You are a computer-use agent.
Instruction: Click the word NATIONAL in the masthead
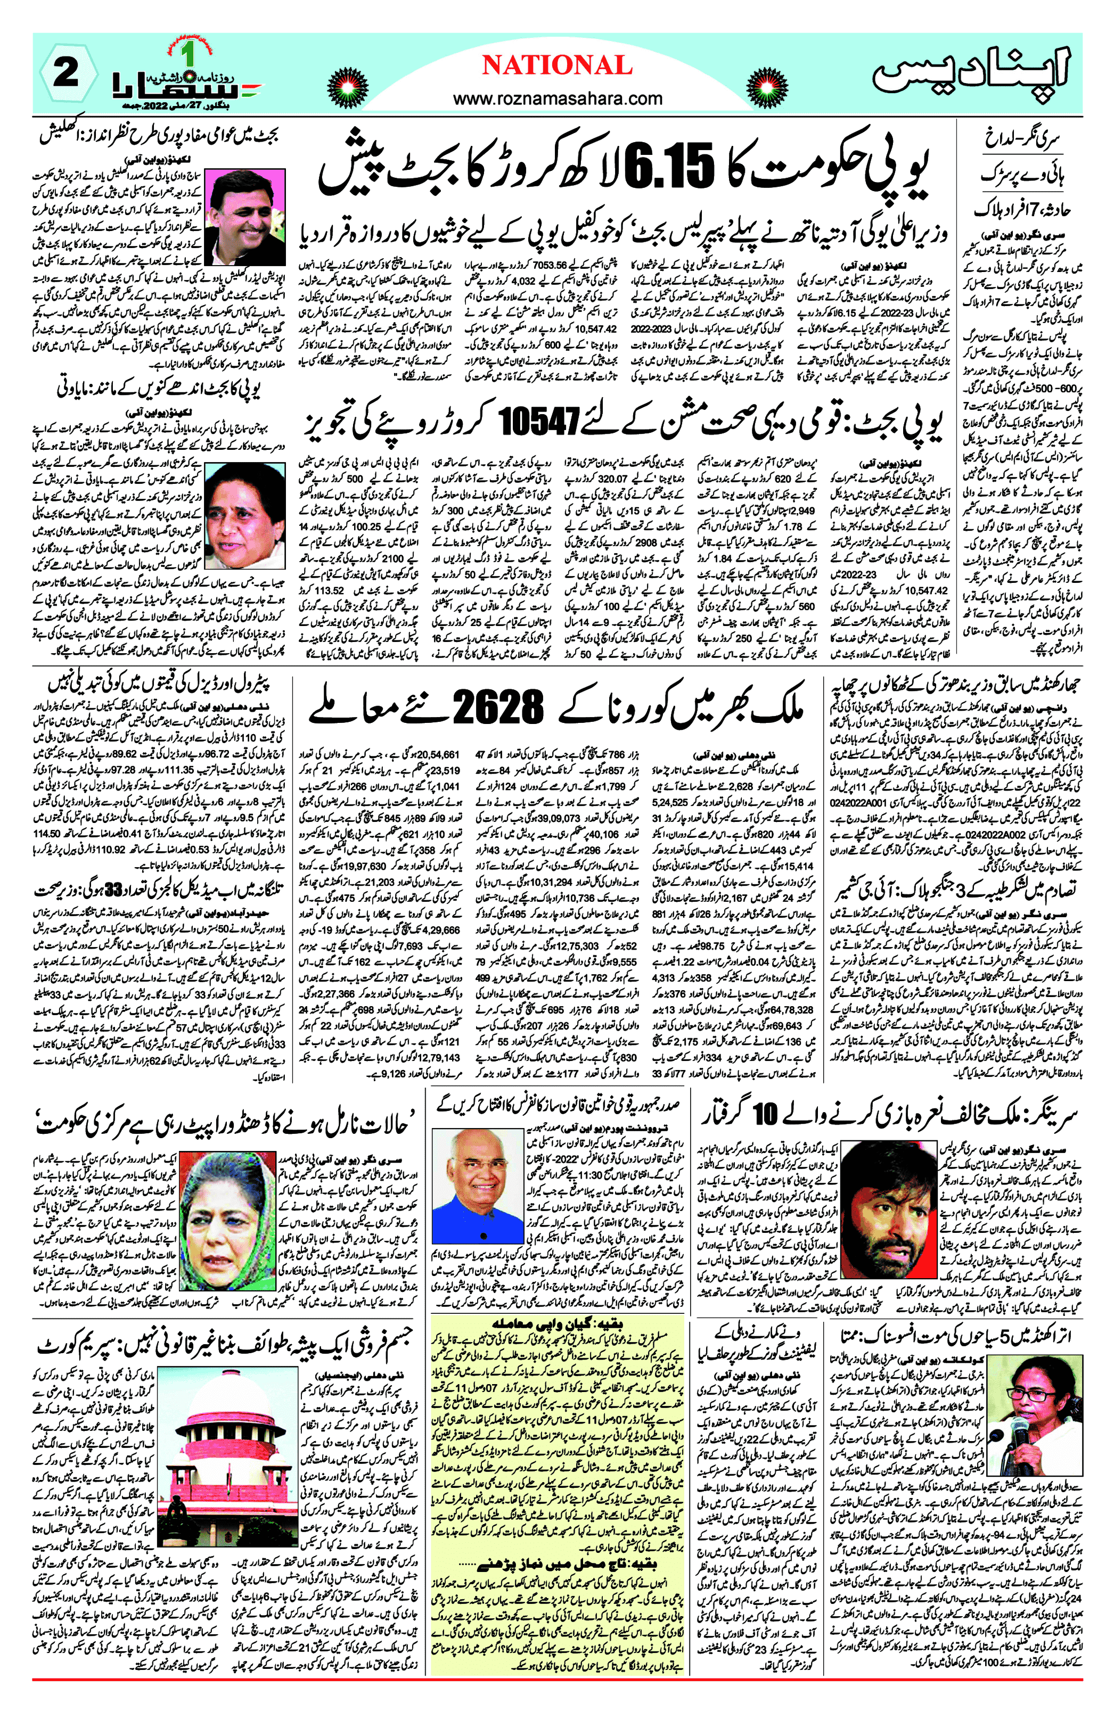pyautogui.click(x=557, y=65)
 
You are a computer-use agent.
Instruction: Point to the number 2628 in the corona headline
pyautogui.click(x=497, y=709)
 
